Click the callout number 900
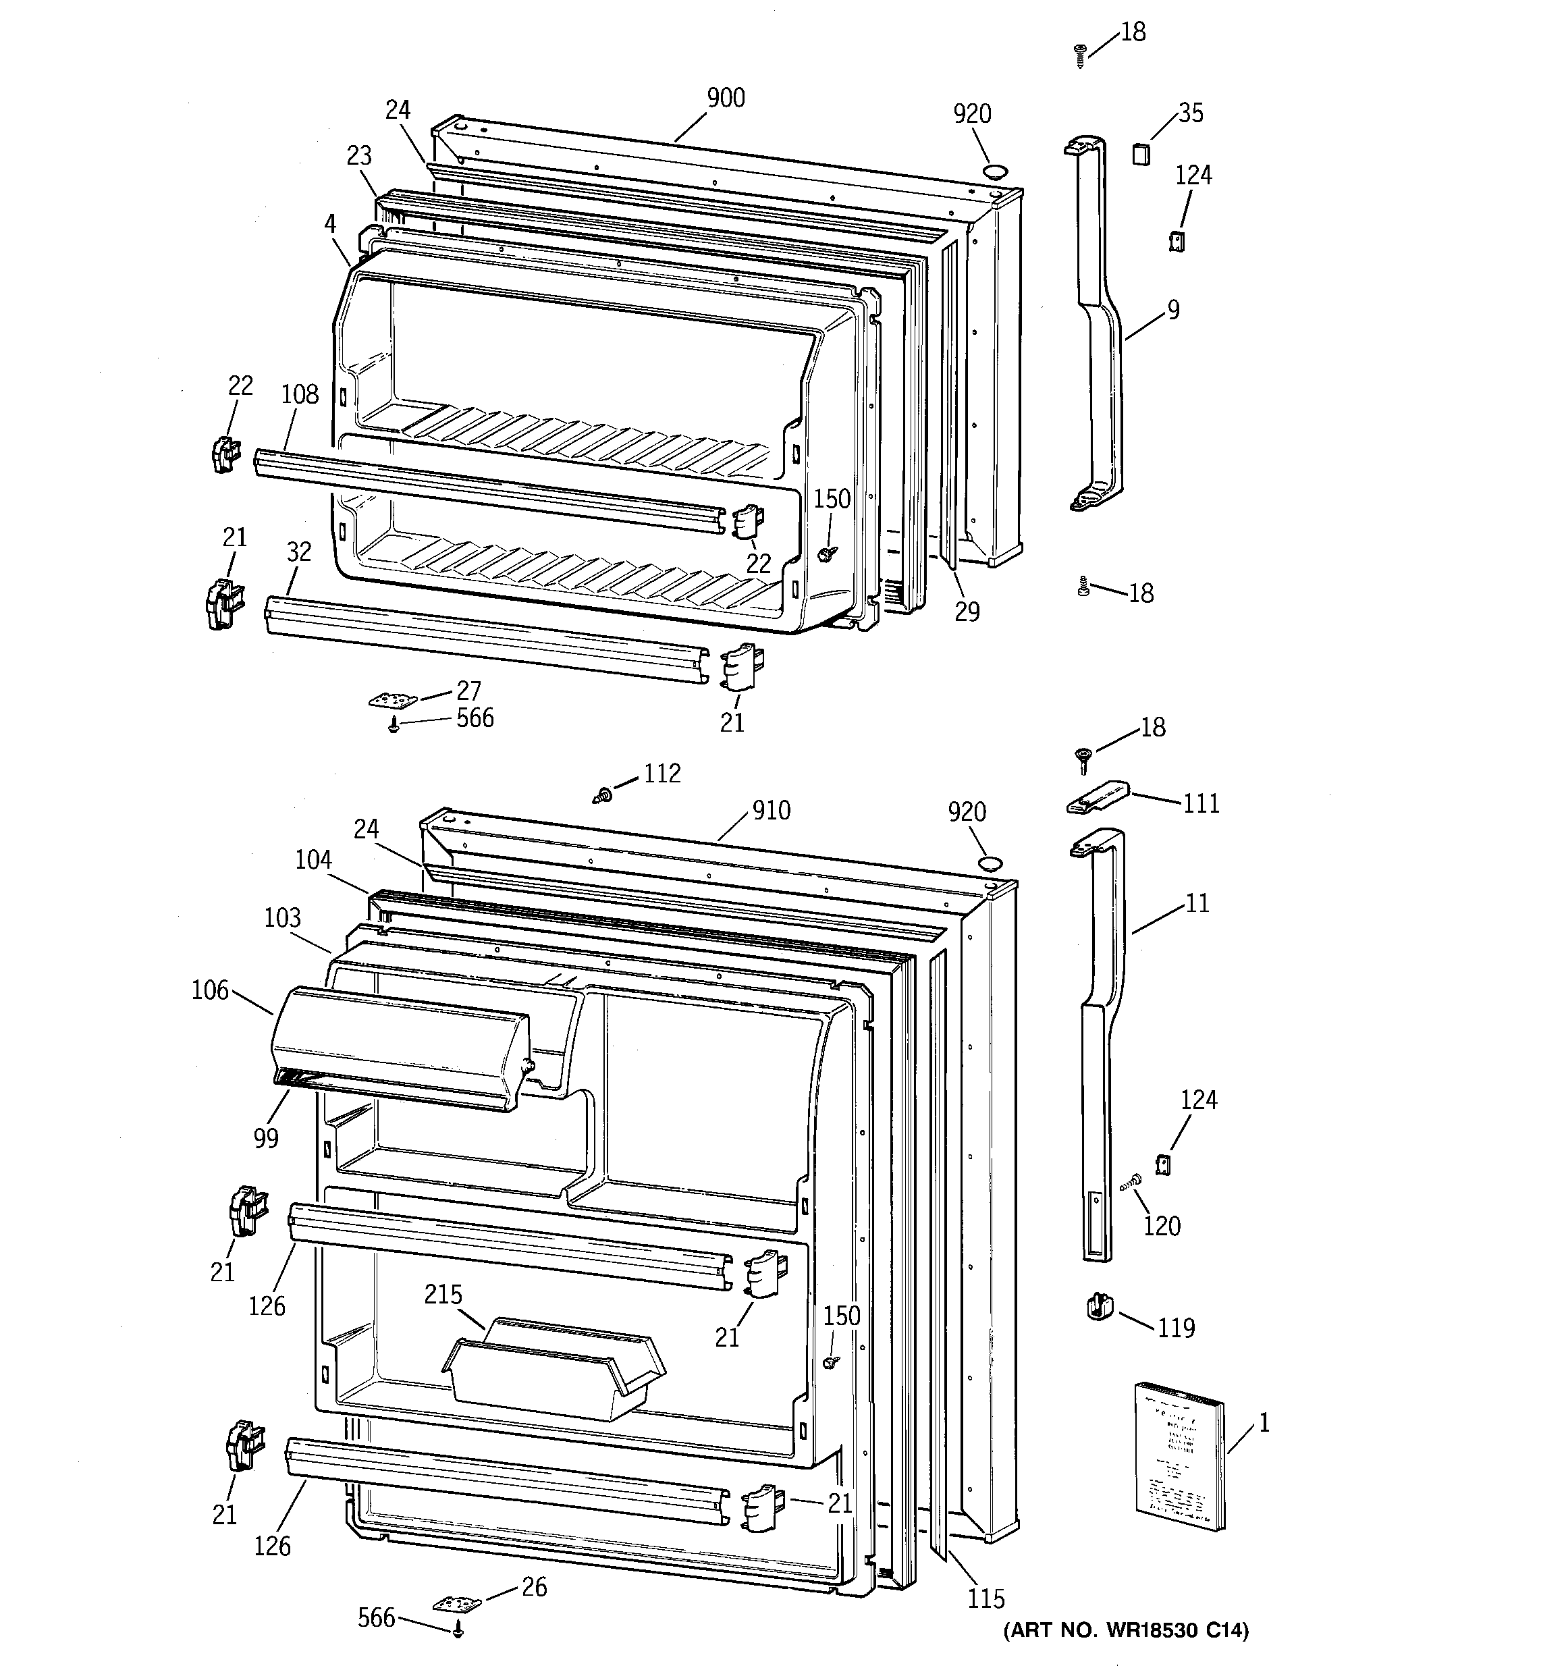[x=725, y=99]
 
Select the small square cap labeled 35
[x=1139, y=154]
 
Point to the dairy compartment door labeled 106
[x=399, y=1050]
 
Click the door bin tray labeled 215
[x=554, y=1369]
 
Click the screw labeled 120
[x=1131, y=1182]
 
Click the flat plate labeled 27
[x=392, y=699]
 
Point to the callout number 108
[x=300, y=394]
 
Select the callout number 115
[x=986, y=1598]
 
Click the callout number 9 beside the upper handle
[x=1173, y=310]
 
